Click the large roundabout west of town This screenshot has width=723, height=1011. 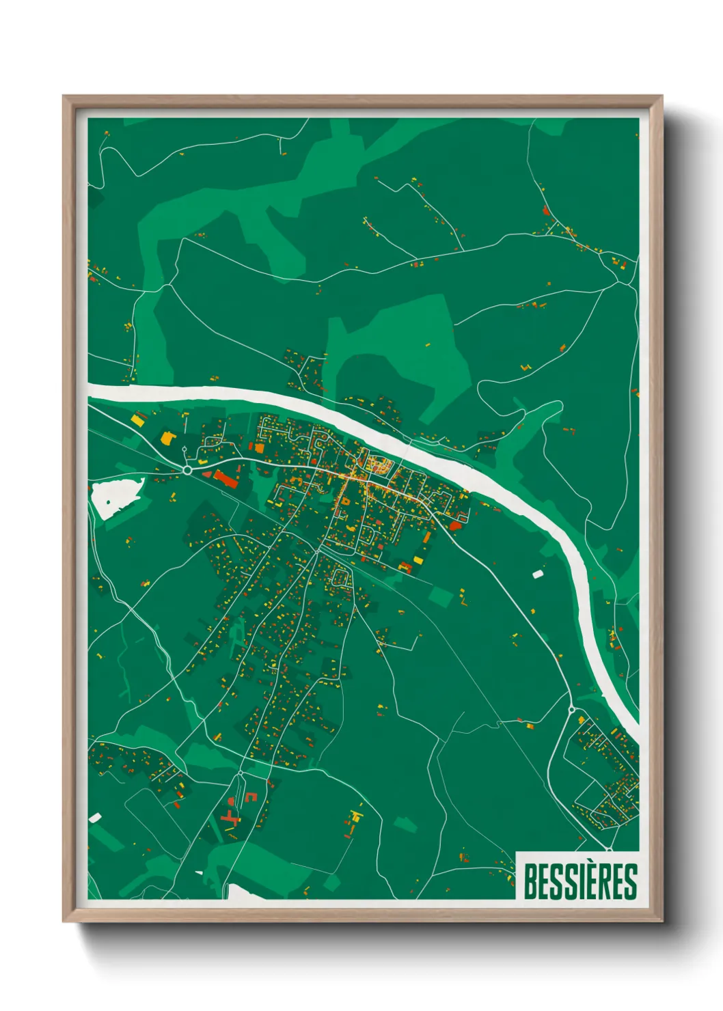pyautogui.click(x=187, y=470)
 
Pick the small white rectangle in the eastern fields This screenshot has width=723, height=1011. pyautogui.click(x=537, y=574)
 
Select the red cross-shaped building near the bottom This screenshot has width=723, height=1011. pyautogui.click(x=230, y=816)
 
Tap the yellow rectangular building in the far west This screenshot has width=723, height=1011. pyautogui.click(x=137, y=421)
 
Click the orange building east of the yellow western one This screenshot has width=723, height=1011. pyautogui.click(x=165, y=437)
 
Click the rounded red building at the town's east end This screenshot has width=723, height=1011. pyautogui.click(x=455, y=525)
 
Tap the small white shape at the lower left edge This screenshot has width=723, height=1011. pyautogui.click(x=95, y=817)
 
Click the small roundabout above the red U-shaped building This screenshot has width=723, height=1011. pyautogui.click(x=241, y=773)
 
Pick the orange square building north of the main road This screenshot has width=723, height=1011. pyautogui.click(x=259, y=448)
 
